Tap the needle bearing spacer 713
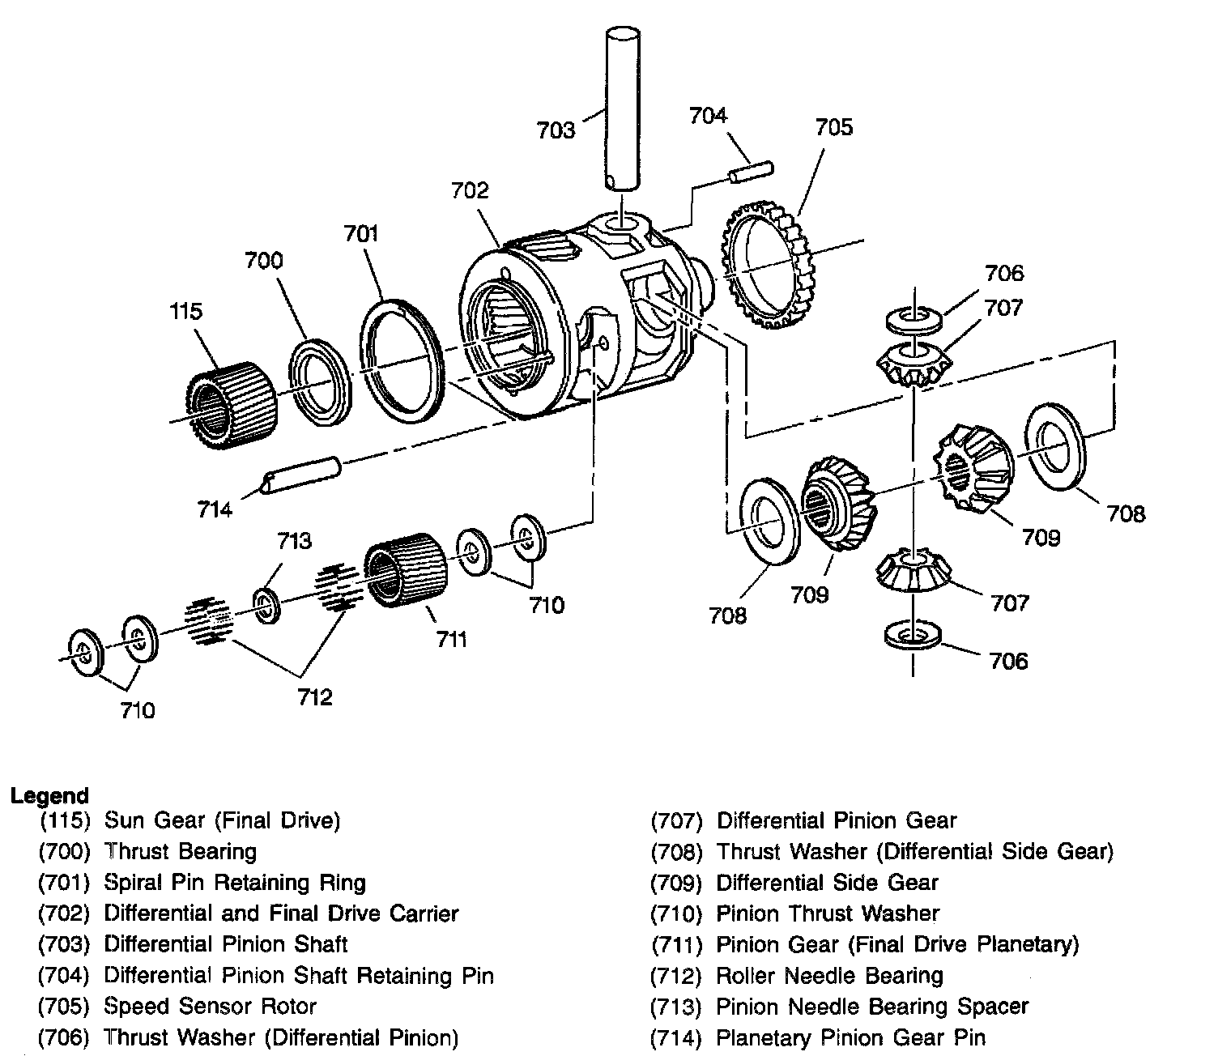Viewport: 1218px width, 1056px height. [x=266, y=607]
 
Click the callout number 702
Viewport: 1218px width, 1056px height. [x=471, y=190]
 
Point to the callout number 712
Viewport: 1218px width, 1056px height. [x=313, y=696]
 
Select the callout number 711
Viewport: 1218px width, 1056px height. [x=451, y=640]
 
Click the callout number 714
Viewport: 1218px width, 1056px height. [x=215, y=509]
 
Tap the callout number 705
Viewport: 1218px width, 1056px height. [x=833, y=127]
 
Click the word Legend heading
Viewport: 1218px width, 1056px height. [x=49, y=795]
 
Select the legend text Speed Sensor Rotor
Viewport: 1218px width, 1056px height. [x=210, y=1007]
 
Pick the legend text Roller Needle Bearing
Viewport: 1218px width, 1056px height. [x=829, y=976]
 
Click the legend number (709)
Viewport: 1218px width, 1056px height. [x=676, y=884]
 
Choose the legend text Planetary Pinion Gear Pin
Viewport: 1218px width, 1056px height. [x=850, y=1037]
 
